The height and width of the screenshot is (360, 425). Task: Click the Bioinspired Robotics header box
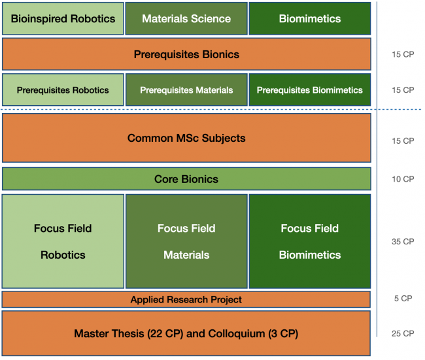63,18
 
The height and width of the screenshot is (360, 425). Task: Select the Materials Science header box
186,18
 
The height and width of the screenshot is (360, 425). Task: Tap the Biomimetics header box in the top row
310,18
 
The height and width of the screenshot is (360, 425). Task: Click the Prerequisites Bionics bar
186,54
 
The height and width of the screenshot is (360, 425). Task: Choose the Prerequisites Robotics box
63,90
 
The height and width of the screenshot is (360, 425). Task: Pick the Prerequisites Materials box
186,90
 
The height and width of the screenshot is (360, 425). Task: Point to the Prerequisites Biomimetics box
310,90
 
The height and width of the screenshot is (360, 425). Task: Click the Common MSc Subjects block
186,138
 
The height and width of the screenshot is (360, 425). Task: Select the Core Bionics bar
186,179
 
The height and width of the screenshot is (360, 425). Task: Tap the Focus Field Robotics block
63,241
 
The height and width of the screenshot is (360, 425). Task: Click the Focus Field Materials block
186,241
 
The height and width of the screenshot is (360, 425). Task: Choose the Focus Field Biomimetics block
310,241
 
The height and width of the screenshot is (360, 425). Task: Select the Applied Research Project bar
186,299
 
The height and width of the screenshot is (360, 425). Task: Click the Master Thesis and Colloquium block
186,333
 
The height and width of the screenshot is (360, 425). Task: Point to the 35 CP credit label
403,241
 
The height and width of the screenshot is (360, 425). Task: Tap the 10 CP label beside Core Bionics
403,179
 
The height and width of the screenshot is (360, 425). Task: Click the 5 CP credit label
403,298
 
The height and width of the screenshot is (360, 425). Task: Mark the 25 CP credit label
403,333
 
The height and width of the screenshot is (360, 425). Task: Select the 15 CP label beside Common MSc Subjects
403,141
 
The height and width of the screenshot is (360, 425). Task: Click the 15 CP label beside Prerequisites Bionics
403,54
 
